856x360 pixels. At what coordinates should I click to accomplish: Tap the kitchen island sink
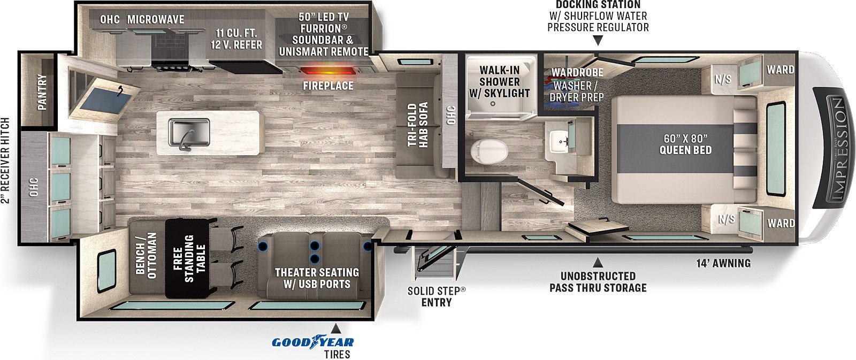189,132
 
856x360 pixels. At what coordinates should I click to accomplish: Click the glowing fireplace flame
328,72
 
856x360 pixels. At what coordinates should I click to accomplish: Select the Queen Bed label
685,144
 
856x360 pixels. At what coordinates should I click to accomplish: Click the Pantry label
42,91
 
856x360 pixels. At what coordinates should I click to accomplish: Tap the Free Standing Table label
189,259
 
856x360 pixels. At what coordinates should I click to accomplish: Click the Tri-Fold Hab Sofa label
418,125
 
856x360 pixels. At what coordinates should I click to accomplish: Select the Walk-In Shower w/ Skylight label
500,81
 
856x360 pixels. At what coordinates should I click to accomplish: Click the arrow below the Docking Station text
598,40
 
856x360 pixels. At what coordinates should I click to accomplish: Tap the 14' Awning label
723,263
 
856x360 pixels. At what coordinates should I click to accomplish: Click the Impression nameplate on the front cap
834,148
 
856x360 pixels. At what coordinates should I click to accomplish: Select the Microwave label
156,19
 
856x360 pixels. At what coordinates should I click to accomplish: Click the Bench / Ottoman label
147,255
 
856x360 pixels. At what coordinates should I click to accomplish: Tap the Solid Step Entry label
437,296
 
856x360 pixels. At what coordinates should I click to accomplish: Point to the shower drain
493,103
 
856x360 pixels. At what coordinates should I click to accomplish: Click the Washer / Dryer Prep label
577,91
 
